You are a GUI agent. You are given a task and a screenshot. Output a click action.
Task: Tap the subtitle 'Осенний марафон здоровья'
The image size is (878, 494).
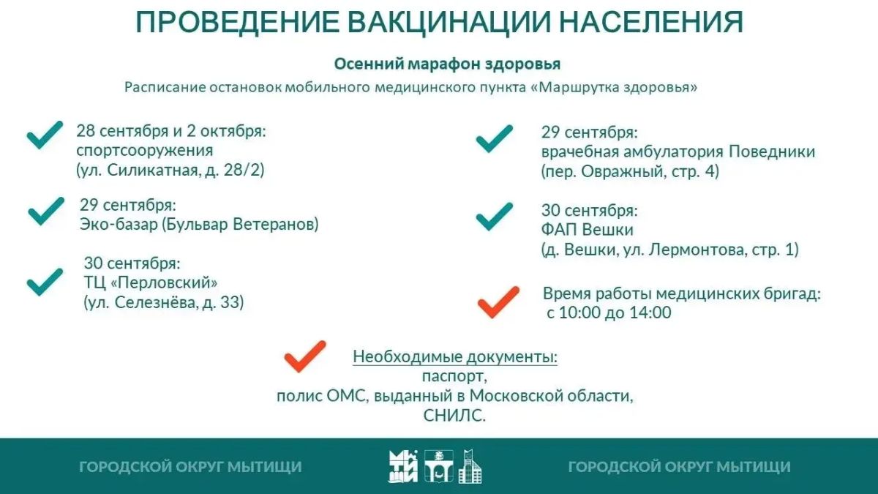(x=447, y=64)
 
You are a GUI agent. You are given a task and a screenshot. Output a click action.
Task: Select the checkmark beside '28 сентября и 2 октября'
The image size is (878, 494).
(x=45, y=135)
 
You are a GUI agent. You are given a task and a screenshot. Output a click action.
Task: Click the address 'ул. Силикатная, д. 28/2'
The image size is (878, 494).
(x=170, y=170)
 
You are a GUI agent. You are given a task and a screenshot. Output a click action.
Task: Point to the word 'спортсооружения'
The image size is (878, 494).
(x=145, y=151)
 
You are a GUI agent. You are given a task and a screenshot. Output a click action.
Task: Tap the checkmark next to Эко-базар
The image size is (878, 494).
(x=46, y=211)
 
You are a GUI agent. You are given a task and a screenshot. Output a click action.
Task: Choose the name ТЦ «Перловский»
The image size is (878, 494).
(x=151, y=282)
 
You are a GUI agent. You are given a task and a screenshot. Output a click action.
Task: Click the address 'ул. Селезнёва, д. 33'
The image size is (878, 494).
(x=164, y=302)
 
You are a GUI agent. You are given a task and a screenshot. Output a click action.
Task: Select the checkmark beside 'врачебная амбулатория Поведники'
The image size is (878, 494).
(x=495, y=139)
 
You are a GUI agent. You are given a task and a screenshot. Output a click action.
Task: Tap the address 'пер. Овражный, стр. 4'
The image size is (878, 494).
(x=630, y=172)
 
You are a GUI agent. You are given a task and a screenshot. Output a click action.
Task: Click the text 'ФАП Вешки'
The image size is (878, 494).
(x=587, y=230)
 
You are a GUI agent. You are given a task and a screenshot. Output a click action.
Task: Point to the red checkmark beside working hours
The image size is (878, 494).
(x=498, y=302)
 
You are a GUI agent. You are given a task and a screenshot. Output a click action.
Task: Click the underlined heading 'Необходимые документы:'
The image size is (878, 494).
(x=455, y=357)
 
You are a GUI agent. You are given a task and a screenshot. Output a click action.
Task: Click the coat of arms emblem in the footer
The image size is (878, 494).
(x=438, y=466)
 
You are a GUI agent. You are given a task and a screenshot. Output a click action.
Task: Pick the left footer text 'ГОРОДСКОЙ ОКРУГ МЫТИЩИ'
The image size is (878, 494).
(x=190, y=467)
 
